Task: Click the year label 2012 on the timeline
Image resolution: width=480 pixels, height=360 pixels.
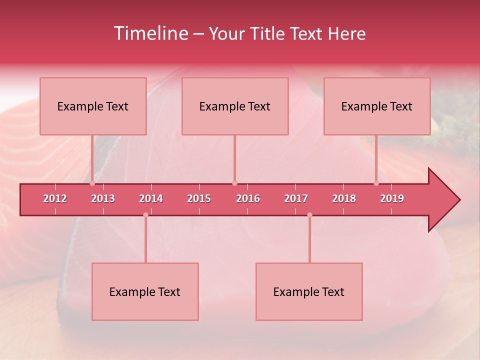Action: click(x=55, y=198)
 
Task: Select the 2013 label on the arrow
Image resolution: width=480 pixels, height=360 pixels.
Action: click(x=103, y=198)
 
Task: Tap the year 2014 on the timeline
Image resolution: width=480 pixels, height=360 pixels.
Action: click(x=151, y=198)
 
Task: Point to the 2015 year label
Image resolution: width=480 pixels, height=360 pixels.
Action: click(x=199, y=198)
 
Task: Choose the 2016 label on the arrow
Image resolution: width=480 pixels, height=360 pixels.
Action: click(x=247, y=198)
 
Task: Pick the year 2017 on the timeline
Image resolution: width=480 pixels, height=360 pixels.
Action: click(x=296, y=198)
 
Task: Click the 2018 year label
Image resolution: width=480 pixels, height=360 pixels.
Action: click(x=344, y=198)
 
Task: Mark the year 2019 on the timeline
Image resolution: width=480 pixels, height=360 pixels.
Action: click(x=392, y=198)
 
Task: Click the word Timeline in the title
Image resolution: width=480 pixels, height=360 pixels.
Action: click(x=150, y=33)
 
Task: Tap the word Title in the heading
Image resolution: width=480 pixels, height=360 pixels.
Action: click(x=267, y=34)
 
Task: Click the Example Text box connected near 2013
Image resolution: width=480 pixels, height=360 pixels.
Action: click(x=93, y=106)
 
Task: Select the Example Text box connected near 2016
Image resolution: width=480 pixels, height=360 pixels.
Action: click(x=235, y=106)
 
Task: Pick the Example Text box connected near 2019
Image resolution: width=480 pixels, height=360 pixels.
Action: click(x=377, y=106)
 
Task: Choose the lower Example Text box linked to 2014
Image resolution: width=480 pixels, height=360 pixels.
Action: click(x=145, y=291)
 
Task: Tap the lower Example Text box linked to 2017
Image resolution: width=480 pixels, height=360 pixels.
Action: click(x=309, y=291)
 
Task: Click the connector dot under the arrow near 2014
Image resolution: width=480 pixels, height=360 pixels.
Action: click(x=145, y=214)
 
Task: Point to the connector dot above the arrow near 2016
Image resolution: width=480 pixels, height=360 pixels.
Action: click(x=235, y=183)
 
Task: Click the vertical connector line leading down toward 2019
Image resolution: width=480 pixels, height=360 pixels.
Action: click(x=376, y=159)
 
